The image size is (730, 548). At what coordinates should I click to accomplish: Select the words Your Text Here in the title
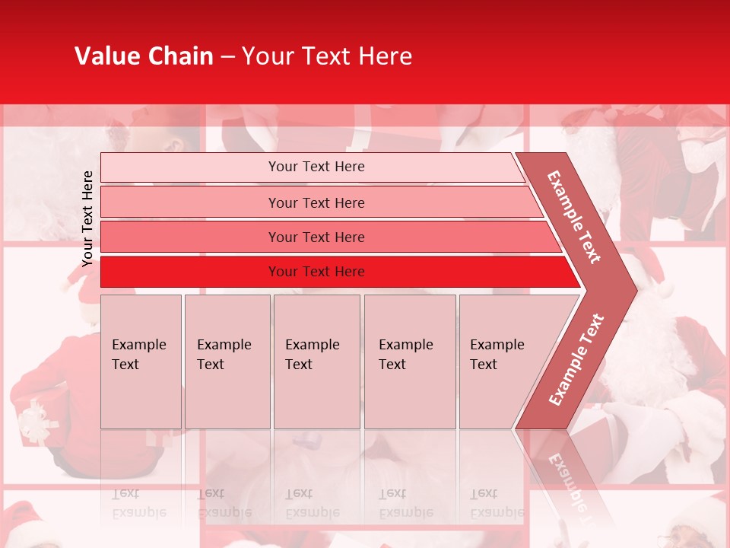coord(327,56)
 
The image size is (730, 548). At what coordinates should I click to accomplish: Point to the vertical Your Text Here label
coord(87,218)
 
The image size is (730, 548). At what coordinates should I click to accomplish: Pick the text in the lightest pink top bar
coord(316,167)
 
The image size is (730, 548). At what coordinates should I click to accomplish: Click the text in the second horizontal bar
coord(316,202)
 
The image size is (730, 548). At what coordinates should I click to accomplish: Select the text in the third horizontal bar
coord(316,237)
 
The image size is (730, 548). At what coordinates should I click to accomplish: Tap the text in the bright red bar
coord(316,272)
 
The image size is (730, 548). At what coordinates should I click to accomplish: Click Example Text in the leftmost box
coord(138,355)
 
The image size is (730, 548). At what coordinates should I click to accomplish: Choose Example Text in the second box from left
coord(224,355)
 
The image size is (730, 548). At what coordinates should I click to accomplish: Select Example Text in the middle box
coord(312,355)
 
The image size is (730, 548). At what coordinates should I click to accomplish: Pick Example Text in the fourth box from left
coord(405,355)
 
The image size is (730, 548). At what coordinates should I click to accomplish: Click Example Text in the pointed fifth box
coord(497,355)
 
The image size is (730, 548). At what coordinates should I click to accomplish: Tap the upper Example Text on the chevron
coord(574,217)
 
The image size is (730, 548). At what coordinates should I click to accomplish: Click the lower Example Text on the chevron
coord(576,360)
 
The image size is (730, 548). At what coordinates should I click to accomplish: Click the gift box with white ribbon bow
coord(38,420)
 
